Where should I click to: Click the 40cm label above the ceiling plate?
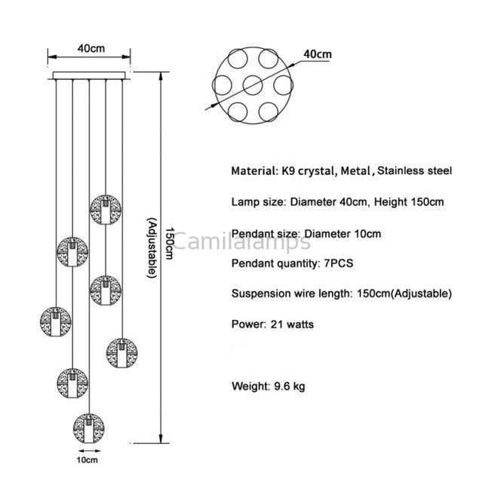[91, 48]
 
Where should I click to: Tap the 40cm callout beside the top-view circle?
[318, 54]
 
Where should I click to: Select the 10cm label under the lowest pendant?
[87, 460]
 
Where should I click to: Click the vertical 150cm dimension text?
[170, 243]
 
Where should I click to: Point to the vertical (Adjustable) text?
[152, 247]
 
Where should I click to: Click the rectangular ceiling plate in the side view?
[89, 75]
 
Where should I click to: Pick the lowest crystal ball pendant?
[89, 428]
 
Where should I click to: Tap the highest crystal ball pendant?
[106, 210]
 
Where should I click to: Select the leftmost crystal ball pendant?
[56, 321]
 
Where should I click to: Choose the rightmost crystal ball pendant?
[122, 353]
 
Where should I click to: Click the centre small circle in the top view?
[253, 85]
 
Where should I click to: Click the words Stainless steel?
[414, 170]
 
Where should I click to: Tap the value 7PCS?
[339, 263]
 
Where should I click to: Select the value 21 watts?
[292, 324]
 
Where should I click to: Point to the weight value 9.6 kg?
[290, 386]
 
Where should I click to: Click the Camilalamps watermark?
[241, 241]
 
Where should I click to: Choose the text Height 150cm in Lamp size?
[409, 202]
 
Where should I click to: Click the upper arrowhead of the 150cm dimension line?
[161, 76]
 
